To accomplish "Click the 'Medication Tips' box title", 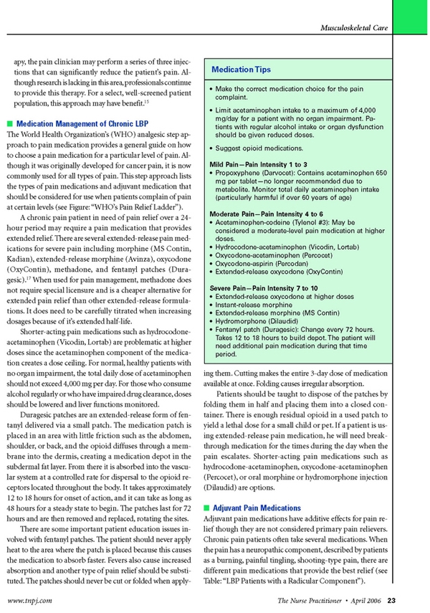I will click(241, 70).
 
